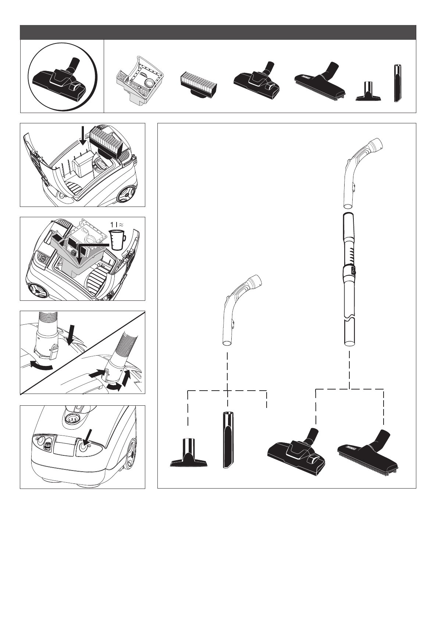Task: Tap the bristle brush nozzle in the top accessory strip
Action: point(319,82)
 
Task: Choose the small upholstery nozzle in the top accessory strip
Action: point(369,92)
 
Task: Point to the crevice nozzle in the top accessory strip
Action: point(398,83)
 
